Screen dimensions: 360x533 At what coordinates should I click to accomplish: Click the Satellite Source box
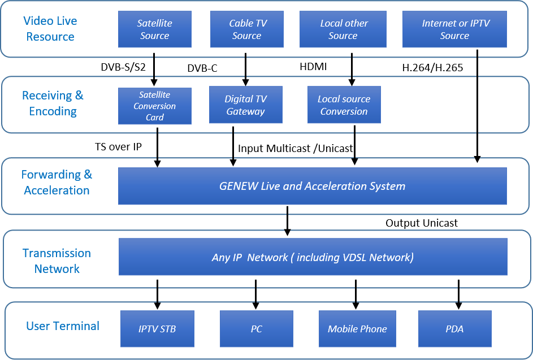(154, 29)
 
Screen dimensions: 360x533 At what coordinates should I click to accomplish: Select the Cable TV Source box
(247, 29)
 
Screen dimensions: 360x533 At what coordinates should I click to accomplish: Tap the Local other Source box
(344, 29)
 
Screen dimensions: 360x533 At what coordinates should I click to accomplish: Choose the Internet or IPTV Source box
(454, 29)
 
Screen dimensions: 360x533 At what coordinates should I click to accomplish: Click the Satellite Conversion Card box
(154, 106)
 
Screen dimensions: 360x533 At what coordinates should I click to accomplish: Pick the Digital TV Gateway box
(245, 105)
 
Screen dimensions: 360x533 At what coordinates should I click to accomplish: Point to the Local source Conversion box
(344, 105)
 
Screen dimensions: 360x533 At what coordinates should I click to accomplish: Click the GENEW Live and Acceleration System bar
(312, 186)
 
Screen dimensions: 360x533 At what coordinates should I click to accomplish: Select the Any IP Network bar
(313, 257)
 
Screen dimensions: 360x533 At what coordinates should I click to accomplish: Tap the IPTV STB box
(157, 329)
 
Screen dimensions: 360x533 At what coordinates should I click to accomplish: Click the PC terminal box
(256, 329)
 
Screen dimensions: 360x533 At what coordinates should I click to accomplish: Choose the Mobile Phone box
(357, 329)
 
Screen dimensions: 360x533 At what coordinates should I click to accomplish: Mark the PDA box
(454, 329)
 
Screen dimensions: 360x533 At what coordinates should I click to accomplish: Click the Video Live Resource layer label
(49, 29)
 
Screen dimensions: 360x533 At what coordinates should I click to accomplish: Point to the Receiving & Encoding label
(53, 103)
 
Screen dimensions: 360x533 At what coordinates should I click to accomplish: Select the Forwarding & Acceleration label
(57, 183)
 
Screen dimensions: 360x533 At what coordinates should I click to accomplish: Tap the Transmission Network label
(57, 261)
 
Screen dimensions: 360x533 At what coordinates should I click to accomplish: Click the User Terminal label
(63, 326)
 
